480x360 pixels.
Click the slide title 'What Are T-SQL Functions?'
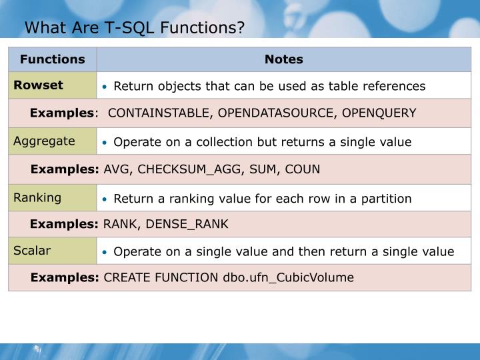pos(135,28)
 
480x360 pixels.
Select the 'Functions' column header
pos(53,59)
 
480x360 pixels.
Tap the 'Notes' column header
pos(284,59)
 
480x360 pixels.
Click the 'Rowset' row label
pos(38,85)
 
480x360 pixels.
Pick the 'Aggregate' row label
pos(44,141)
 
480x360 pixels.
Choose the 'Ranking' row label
pos(37,197)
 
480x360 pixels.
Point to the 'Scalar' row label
pos(32,251)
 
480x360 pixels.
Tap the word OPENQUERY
pos(379,113)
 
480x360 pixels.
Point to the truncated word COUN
pos(303,169)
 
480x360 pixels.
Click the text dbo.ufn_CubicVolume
pos(288,277)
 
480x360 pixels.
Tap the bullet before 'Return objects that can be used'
pos(105,87)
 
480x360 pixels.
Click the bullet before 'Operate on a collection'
pos(105,143)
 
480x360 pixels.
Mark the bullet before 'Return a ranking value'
pos(105,199)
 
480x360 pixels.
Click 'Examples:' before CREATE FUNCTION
pos(65,277)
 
